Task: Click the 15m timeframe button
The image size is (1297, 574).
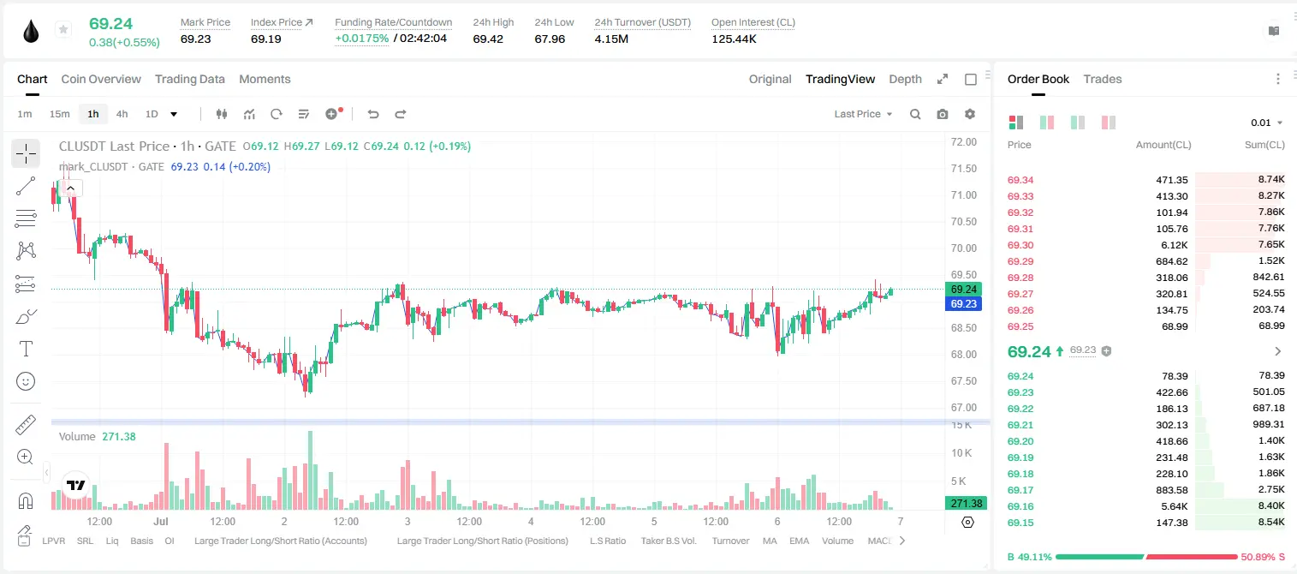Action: coord(60,114)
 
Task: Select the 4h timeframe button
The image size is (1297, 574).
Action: coord(122,114)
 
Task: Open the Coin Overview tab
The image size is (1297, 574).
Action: coord(101,80)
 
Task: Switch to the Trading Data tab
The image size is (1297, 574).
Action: coord(190,80)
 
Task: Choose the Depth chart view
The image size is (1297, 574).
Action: coord(906,80)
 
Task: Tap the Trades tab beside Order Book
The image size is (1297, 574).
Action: coord(1103,80)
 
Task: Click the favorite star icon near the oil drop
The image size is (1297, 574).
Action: coord(63,29)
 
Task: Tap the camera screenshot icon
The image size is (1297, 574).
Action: coord(943,114)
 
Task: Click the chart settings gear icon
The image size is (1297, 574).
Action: coord(970,114)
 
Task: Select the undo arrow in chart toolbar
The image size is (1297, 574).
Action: coord(373,114)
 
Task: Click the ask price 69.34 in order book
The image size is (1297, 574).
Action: coord(1020,180)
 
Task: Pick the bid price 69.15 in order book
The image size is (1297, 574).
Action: coord(1020,523)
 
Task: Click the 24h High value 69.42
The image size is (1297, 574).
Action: coord(488,39)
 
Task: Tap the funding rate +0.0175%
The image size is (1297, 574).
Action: coord(362,39)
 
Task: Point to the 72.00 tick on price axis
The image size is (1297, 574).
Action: coord(964,142)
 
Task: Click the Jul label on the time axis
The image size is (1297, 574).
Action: coord(161,521)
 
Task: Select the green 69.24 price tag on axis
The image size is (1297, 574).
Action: coord(963,289)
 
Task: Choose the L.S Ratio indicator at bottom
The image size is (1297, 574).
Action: coord(608,541)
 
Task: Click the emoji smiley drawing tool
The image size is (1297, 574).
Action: coord(26,381)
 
